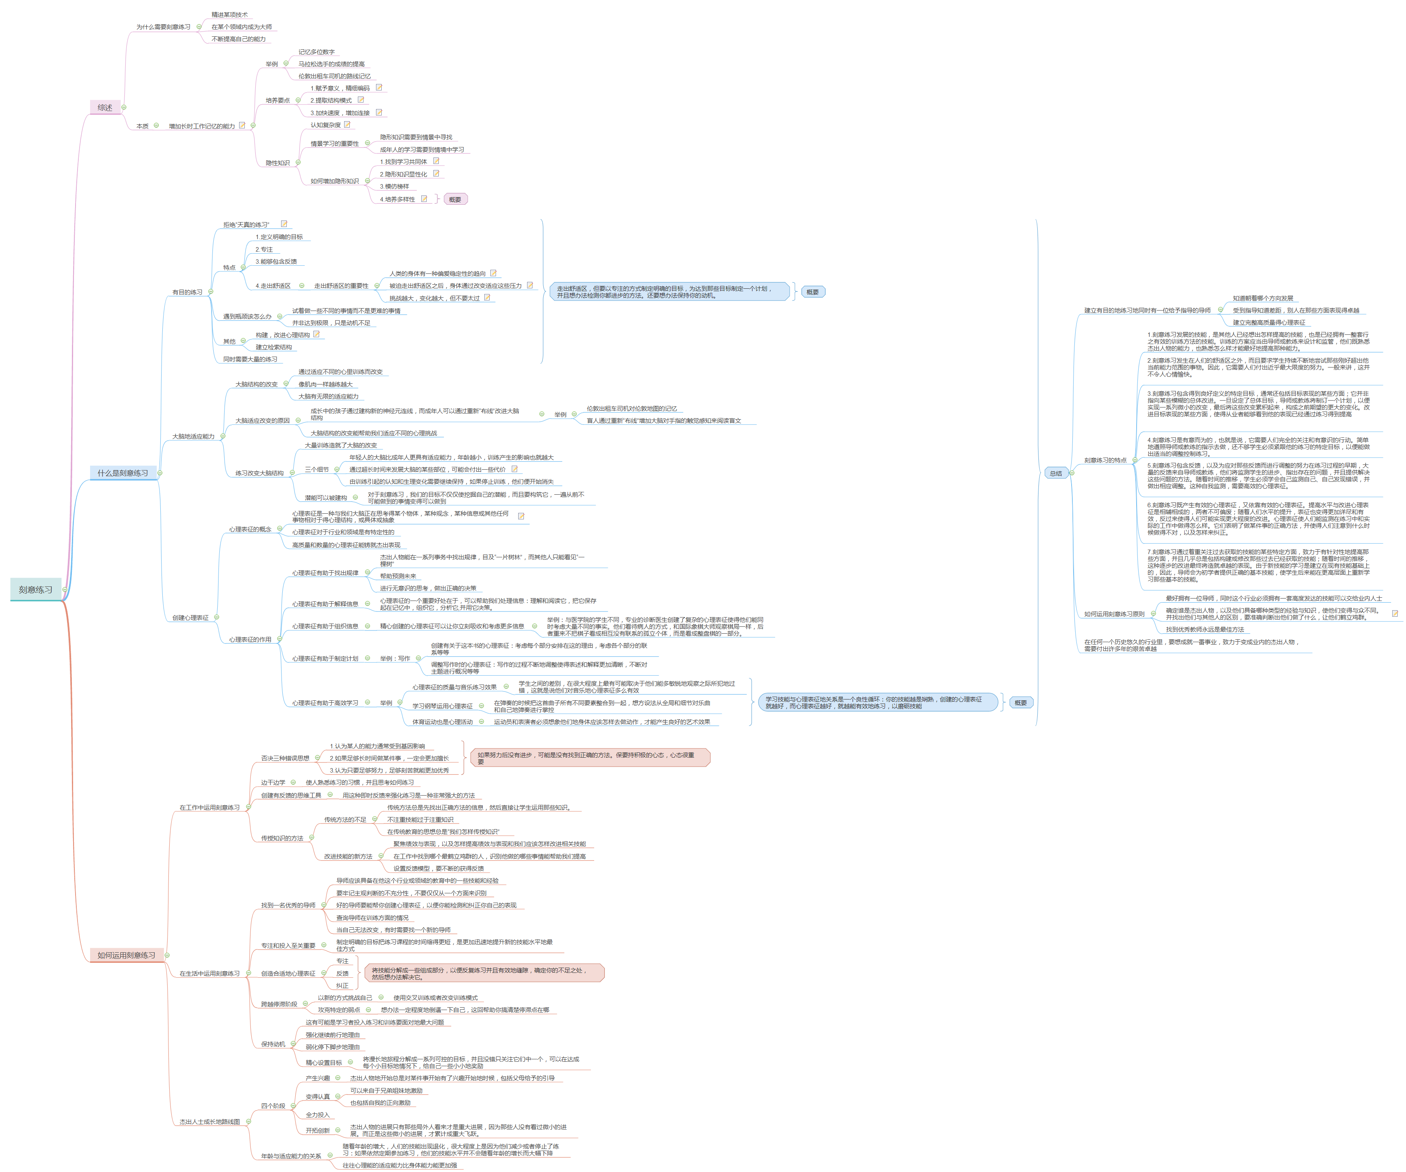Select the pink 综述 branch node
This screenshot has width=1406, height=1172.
point(105,107)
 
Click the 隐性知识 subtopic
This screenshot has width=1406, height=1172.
point(277,163)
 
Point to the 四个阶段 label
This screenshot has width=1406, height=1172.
point(273,1106)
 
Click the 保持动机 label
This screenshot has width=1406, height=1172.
point(273,1044)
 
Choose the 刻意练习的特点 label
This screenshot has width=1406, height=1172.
point(1105,460)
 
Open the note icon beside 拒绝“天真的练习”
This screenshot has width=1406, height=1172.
point(284,224)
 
